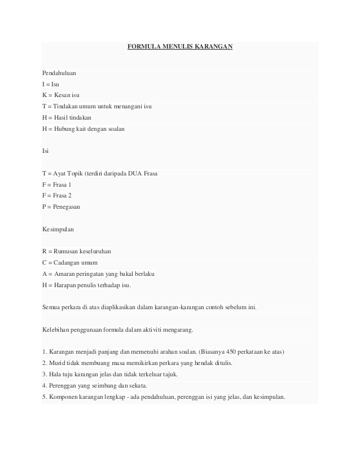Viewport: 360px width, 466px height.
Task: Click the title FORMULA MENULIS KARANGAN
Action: (180, 49)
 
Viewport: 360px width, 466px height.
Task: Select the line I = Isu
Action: (51, 84)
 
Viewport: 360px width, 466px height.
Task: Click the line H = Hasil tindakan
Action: (67, 117)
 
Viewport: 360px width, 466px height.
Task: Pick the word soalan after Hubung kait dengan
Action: (116, 129)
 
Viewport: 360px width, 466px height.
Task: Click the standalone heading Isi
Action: (45, 151)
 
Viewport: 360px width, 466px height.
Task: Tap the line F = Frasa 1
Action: (57, 184)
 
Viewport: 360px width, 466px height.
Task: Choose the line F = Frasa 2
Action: (57, 196)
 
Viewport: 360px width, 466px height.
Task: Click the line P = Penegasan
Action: (61, 207)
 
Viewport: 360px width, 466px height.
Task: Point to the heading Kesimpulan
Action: (58, 230)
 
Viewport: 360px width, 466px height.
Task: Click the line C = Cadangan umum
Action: (69, 263)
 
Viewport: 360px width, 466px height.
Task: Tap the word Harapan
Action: (65, 285)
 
